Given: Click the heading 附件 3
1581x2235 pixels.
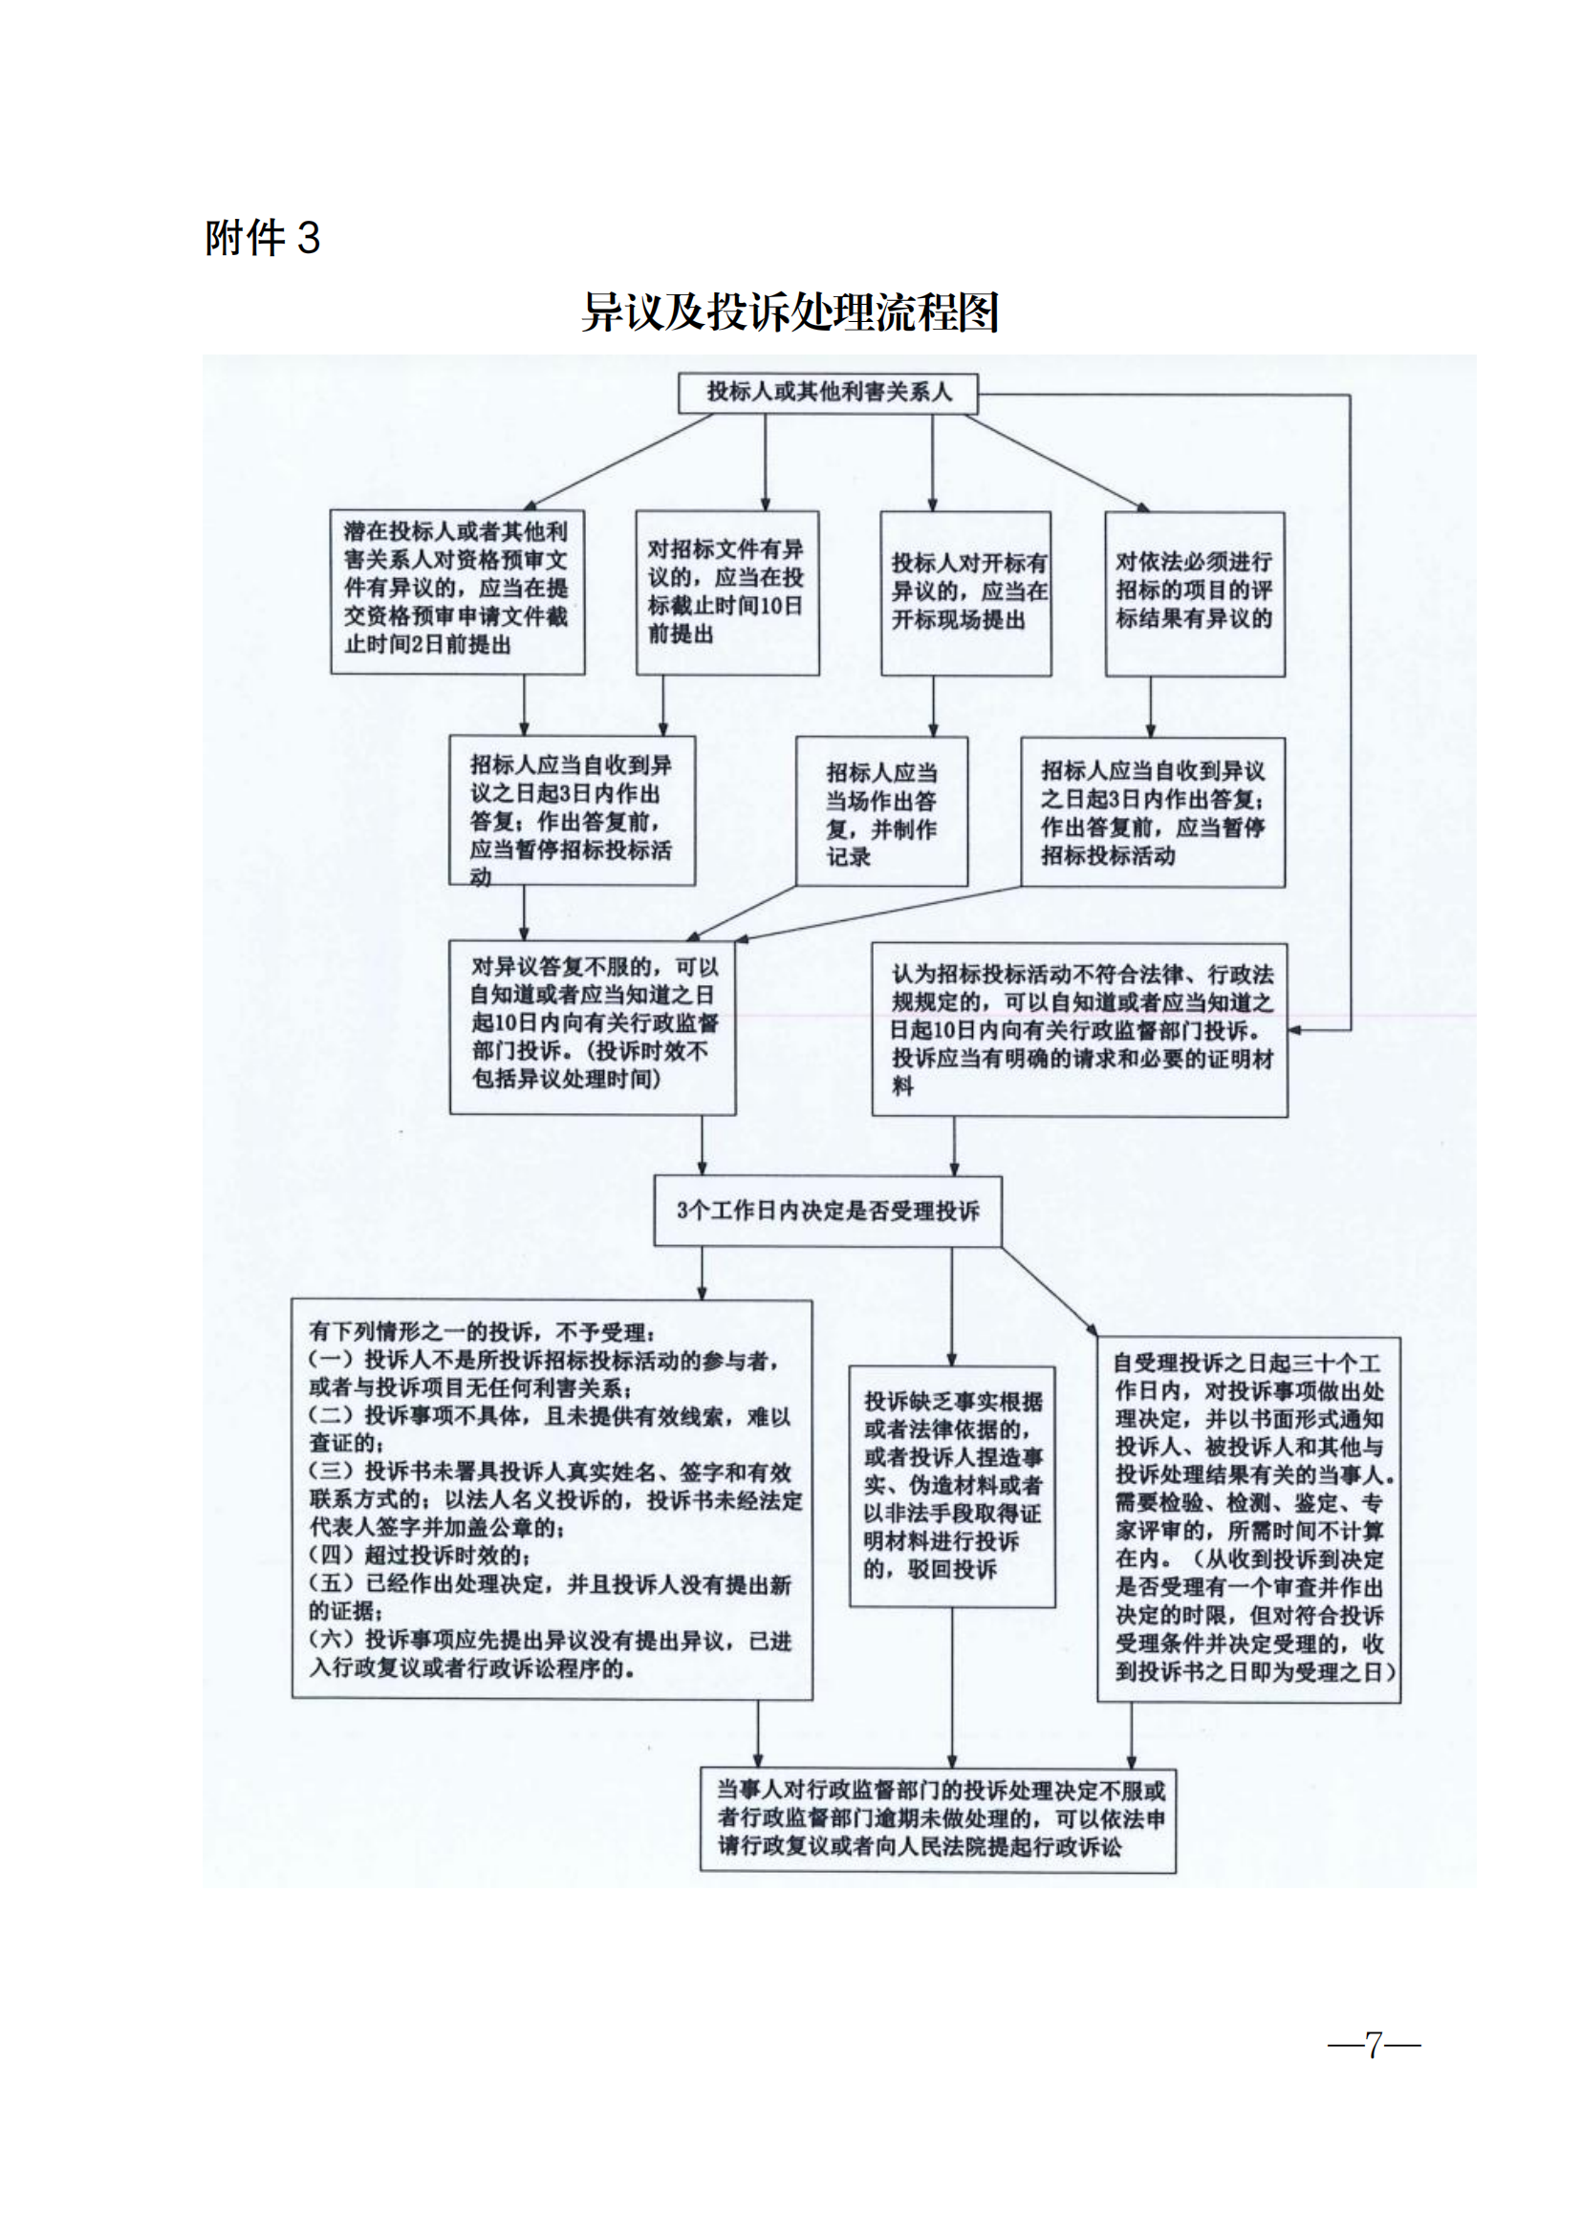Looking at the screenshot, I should click(x=262, y=239).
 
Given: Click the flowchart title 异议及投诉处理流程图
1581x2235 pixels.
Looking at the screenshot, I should click(x=790, y=312).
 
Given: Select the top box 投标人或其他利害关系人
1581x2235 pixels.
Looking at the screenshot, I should click(x=828, y=393).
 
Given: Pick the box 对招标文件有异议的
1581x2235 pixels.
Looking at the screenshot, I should click(x=726, y=591).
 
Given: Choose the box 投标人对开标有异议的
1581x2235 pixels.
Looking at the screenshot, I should click(x=965, y=591).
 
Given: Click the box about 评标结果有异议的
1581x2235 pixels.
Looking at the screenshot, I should click(x=1194, y=591).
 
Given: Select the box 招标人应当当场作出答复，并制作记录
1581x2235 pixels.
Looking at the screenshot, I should click(x=881, y=813).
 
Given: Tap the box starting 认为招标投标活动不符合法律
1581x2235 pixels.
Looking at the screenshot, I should click(x=1078, y=1029).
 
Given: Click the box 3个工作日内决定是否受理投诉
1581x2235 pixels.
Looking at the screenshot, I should click(x=827, y=1210).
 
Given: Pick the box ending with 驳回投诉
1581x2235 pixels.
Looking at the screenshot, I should click(x=951, y=1486).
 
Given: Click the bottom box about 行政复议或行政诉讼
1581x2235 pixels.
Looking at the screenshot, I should click(x=940, y=1818).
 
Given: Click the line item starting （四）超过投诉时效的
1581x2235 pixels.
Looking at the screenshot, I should click(x=420, y=1556).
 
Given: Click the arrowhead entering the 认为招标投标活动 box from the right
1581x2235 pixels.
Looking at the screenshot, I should click(x=1296, y=1029).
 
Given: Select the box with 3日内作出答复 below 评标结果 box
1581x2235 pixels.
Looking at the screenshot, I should click(x=1152, y=813).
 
